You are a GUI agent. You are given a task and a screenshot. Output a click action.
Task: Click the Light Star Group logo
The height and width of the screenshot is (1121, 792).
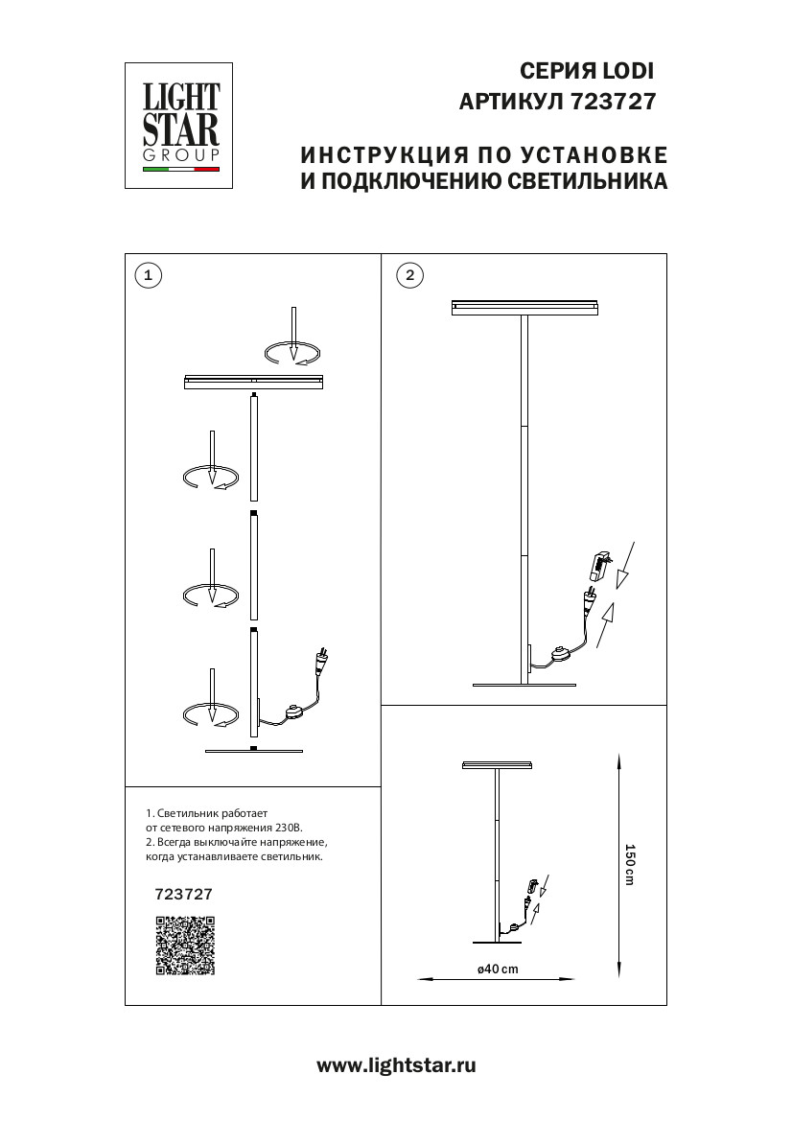(181, 126)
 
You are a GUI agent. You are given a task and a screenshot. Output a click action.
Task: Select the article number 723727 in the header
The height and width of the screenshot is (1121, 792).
(613, 102)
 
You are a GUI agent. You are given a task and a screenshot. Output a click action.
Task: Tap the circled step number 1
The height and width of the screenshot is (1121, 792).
(147, 275)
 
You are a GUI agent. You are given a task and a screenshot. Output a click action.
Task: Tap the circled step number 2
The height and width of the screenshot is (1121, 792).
(409, 275)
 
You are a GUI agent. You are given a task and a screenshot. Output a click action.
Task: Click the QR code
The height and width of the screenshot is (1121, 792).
(185, 946)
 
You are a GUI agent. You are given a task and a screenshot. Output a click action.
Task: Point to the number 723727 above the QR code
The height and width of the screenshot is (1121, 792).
(183, 893)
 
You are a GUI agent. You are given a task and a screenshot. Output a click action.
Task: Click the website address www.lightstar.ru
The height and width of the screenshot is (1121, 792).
(396, 1065)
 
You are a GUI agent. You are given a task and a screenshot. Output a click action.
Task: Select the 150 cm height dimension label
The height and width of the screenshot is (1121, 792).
(630, 864)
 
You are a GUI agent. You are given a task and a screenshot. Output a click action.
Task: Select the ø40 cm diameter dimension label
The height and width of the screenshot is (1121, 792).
(498, 969)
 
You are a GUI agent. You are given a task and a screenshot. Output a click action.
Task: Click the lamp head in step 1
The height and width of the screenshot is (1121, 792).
(253, 383)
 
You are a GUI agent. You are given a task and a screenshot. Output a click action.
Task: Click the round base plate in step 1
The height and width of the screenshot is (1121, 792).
(253, 751)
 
